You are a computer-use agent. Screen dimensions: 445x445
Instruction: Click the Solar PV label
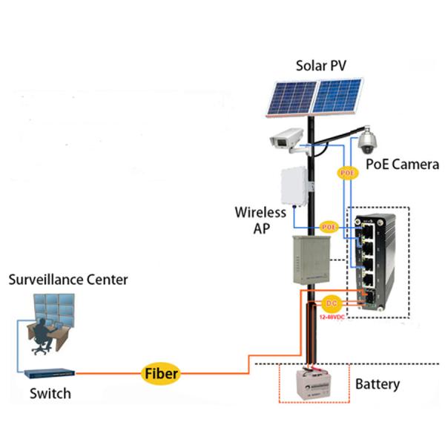click(x=320, y=65)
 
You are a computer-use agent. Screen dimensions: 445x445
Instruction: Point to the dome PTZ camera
click(x=369, y=139)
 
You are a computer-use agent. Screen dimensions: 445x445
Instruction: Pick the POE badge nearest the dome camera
click(x=348, y=173)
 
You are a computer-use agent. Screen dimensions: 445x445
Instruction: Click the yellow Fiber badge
click(x=161, y=373)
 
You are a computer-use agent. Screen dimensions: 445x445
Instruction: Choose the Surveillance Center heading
click(x=67, y=280)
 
